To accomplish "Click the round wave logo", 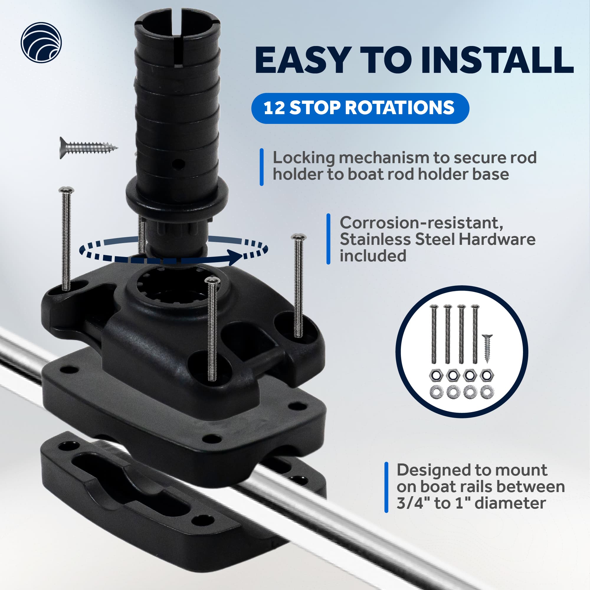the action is point(41,42).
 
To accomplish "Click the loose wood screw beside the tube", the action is point(88,148).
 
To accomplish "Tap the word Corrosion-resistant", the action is point(422,223).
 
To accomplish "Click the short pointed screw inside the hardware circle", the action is point(487,348).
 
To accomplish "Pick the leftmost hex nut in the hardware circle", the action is point(435,375).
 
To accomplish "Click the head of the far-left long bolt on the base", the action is point(66,190).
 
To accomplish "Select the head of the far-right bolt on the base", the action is point(298,237).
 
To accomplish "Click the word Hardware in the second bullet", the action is point(497,239).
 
